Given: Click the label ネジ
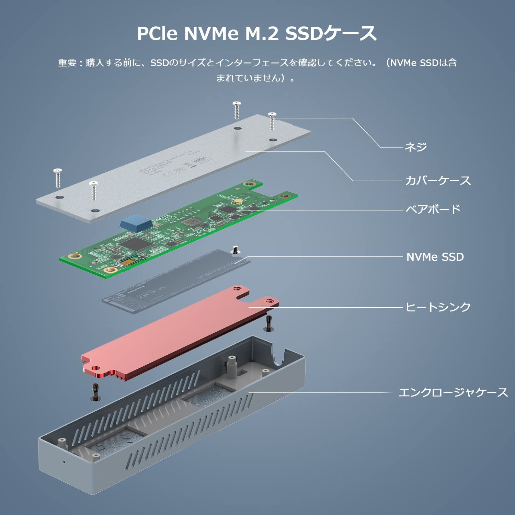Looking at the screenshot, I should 415,147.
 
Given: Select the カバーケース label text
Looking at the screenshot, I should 438,181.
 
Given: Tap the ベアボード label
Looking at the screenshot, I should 433,209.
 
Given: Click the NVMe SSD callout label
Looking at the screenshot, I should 435,257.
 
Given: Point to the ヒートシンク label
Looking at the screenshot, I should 438,307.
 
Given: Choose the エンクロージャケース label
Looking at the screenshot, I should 453,392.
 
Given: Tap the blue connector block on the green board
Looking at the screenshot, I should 136,222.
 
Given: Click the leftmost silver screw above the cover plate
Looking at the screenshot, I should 57,178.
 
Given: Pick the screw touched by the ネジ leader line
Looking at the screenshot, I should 272,121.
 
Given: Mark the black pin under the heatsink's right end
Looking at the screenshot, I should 268,323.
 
